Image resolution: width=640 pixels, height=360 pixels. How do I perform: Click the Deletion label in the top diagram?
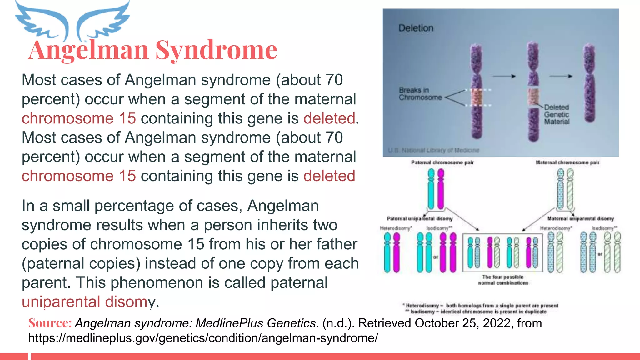pos(416,28)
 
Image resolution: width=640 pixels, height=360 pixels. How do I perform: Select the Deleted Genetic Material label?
pos(557,114)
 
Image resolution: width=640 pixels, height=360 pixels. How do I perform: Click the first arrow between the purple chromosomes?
pos(504,76)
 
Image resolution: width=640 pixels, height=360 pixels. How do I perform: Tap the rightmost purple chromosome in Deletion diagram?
pos(589,83)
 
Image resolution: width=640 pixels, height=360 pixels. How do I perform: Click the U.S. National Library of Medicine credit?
pos(433,150)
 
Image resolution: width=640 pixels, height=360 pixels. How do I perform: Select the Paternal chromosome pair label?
pos(442,162)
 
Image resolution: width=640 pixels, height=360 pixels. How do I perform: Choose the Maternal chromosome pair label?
pos(567,162)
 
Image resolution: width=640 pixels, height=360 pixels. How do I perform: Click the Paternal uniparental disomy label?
pos(419,218)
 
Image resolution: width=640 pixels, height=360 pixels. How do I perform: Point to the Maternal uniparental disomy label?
pos(580,218)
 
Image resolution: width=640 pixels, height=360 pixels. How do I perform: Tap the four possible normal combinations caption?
pos(503,280)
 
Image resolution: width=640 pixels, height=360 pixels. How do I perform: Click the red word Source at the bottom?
pos(50,323)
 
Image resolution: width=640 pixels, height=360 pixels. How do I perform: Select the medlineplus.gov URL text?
pos(203,338)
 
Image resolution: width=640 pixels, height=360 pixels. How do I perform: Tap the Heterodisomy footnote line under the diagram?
pos(481,306)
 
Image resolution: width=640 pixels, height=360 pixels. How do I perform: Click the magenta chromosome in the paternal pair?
pos(441,189)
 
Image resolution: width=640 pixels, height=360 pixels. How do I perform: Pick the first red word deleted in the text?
pos(329,118)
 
